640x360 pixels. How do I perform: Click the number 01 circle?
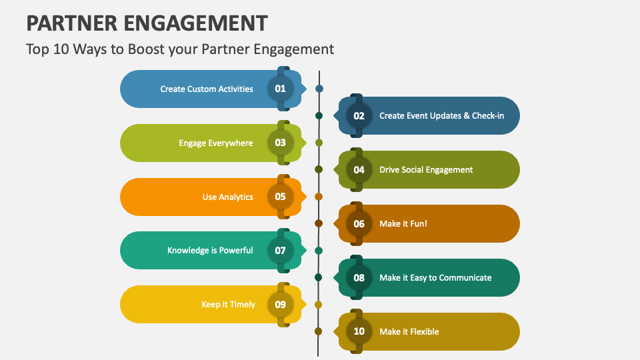(x=280, y=89)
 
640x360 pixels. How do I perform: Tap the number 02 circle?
(x=359, y=115)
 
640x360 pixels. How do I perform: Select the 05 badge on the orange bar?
(x=280, y=197)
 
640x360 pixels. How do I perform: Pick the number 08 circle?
(x=359, y=277)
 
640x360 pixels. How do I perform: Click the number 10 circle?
(x=359, y=331)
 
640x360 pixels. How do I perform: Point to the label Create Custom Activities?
(x=207, y=89)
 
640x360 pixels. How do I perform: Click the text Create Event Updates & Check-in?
(x=441, y=115)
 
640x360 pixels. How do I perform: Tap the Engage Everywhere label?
(x=215, y=143)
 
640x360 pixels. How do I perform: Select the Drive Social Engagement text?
(x=426, y=169)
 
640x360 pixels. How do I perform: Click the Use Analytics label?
(x=227, y=197)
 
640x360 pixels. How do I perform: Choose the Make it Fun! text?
(x=403, y=223)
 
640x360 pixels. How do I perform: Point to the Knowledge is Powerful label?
(x=210, y=251)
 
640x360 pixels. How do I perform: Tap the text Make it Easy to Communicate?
(x=435, y=277)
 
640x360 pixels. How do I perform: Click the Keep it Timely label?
(x=228, y=305)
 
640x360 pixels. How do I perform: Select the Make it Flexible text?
(x=409, y=331)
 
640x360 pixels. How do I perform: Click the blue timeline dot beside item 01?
(x=319, y=89)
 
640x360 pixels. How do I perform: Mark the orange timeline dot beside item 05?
(x=319, y=197)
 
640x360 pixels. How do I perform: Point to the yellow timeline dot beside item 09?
(x=319, y=305)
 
